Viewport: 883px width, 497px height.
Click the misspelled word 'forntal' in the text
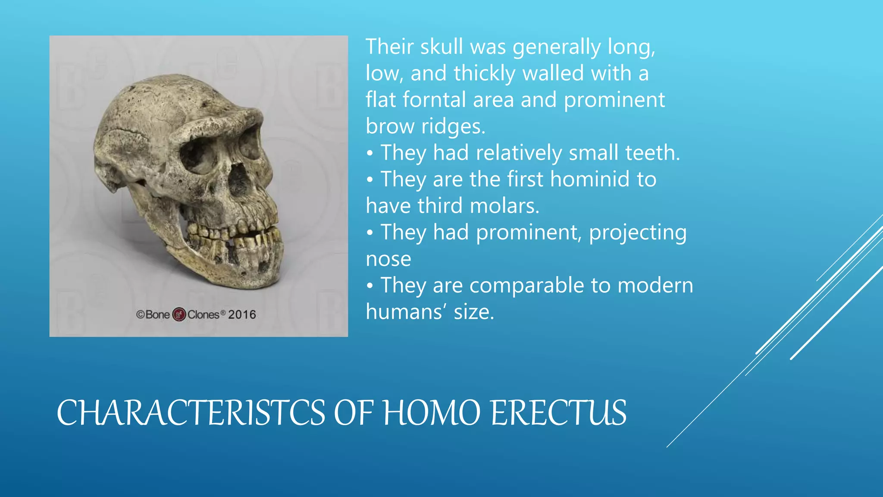434,100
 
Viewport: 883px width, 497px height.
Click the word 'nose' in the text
388,259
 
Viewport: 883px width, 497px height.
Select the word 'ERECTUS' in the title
558,413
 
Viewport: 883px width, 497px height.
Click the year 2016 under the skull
242,315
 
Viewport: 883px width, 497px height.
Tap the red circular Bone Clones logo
179,315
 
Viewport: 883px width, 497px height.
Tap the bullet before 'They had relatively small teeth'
369,154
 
